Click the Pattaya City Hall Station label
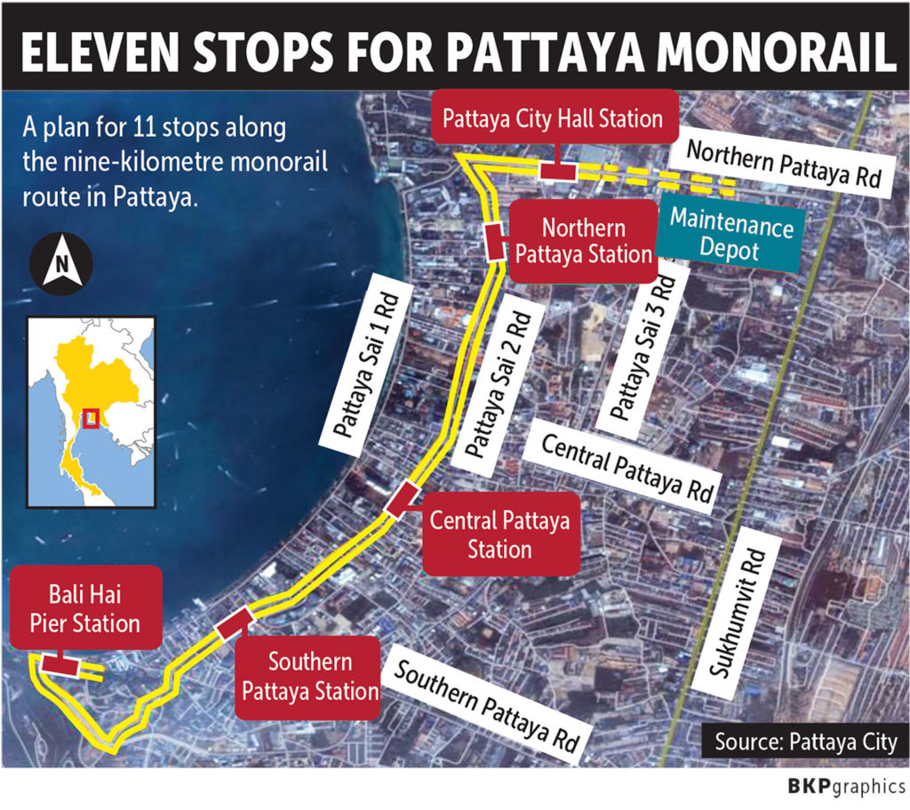(x=552, y=117)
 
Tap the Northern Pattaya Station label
(x=584, y=241)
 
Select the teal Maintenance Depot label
(x=730, y=236)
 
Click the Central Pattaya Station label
(x=499, y=534)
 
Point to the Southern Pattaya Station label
(x=310, y=677)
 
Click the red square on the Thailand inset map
(x=90, y=417)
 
